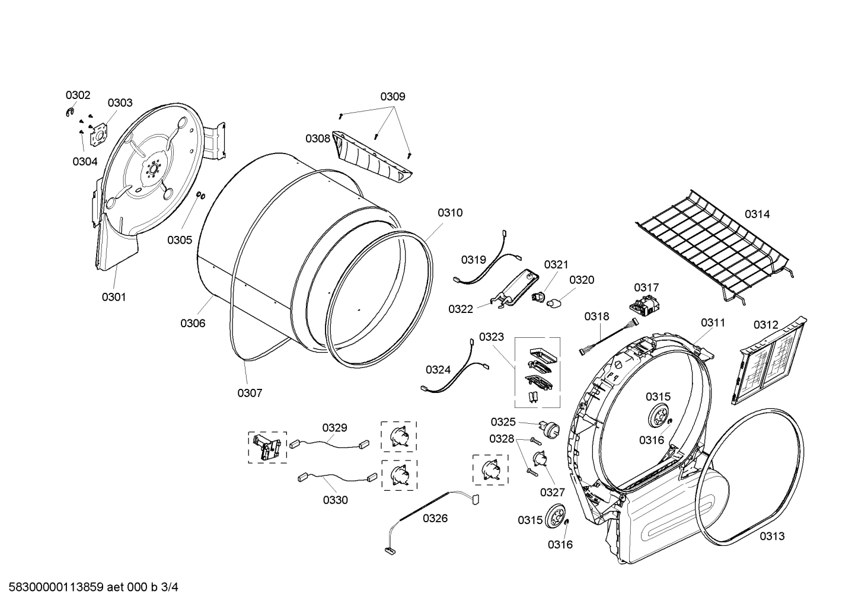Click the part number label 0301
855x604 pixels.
(x=113, y=297)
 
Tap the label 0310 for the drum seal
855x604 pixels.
(x=450, y=213)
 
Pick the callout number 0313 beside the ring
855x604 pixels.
(x=772, y=536)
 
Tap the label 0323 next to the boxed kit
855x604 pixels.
(x=492, y=337)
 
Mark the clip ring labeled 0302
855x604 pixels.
(x=70, y=113)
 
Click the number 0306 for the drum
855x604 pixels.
(x=193, y=323)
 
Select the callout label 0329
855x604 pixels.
(x=335, y=427)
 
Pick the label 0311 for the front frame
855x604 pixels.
(x=713, y=322)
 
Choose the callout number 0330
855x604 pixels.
(x=335, y=500)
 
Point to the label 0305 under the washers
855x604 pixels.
(x=179, y=239)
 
